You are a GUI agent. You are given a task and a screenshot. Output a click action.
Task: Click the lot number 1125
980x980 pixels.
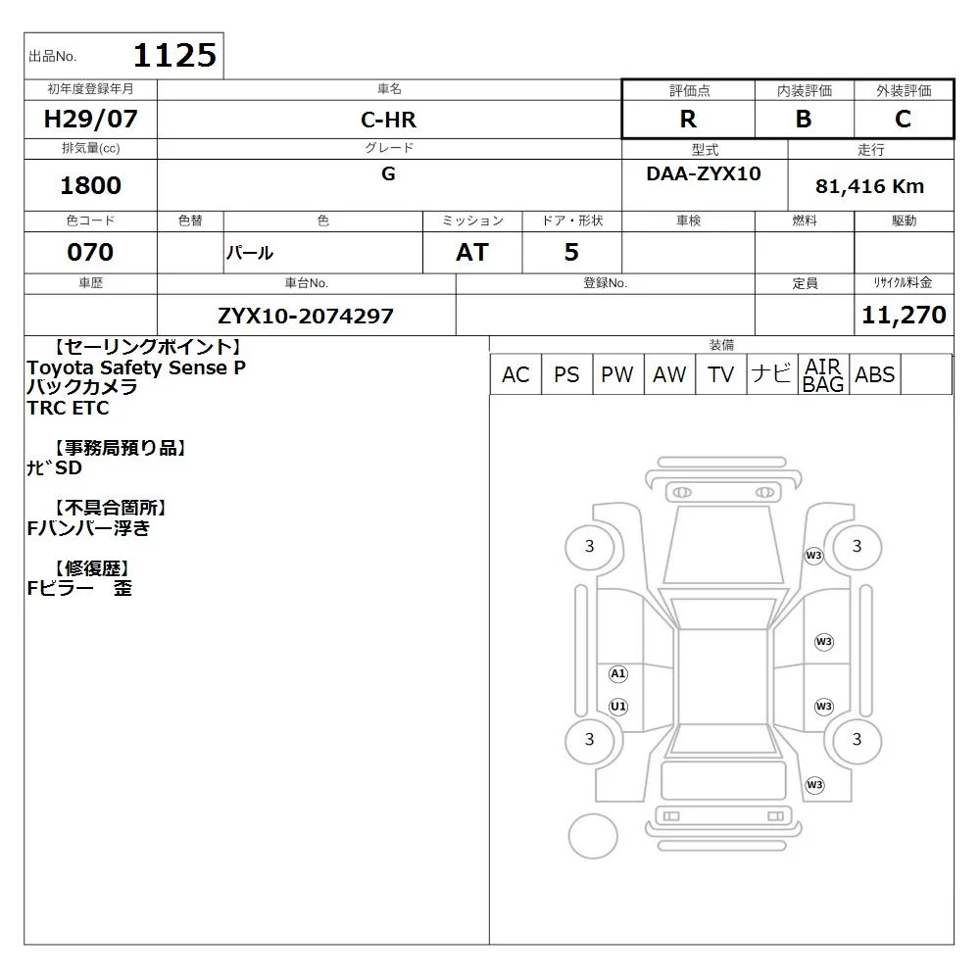point(175,56)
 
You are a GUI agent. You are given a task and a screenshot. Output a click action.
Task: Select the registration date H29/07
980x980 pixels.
point(90,119)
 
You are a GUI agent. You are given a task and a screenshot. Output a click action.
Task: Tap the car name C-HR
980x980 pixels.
point(388,120)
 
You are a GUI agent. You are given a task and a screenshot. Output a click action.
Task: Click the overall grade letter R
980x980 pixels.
point(688,119)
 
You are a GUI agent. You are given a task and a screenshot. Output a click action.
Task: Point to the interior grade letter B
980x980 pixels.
point(804,119)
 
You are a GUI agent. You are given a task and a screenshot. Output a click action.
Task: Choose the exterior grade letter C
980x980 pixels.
point(904,119)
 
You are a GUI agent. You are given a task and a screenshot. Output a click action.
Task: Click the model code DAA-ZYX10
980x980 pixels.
point(704,173)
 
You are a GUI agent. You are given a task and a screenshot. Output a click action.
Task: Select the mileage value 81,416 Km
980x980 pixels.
point(869,186)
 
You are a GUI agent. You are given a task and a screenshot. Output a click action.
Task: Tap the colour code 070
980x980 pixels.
point(90,252)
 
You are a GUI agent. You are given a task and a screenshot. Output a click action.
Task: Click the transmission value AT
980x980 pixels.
point(472,252)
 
